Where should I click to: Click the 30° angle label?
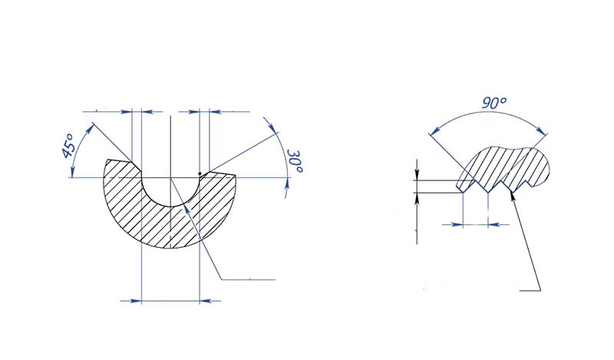[294, 162]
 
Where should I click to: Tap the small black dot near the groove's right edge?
[200, 173]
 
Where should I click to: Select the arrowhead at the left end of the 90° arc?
[431, 135]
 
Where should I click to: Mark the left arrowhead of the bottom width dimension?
[137, 300]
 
